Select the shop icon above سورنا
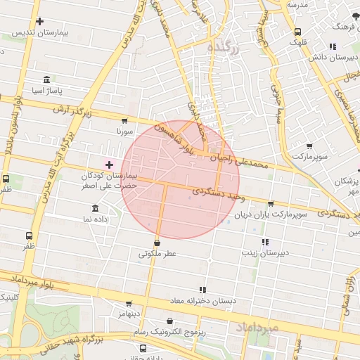[125, 121]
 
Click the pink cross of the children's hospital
[109, 164]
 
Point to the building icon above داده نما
[96, 208]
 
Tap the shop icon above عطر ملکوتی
[156, 243]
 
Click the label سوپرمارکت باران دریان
[271, 214]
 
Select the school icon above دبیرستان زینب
[265, 242]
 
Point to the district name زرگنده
[225, 48]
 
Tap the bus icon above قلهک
[297, 32]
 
